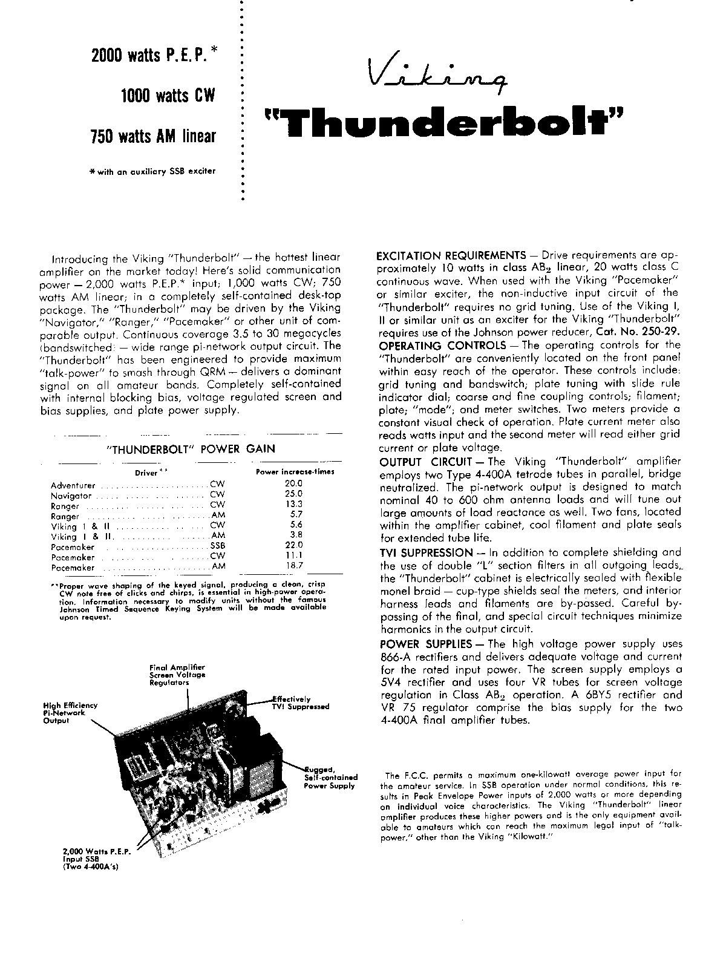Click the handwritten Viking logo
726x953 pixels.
(439, 76)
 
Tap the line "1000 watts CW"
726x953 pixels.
(168, 96)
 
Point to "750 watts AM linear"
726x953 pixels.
(152, 136)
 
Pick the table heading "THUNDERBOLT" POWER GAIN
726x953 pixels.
(190, 449)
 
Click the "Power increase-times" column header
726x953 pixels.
(295, 471)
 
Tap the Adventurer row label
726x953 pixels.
(73, 485)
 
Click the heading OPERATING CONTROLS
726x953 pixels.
(442, 346)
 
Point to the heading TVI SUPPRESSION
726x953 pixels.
(426, 552)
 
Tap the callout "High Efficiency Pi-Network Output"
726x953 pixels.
(70, 713)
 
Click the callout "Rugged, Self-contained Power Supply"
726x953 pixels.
(330, 777)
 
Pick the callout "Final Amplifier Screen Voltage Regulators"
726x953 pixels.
(177, 675)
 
